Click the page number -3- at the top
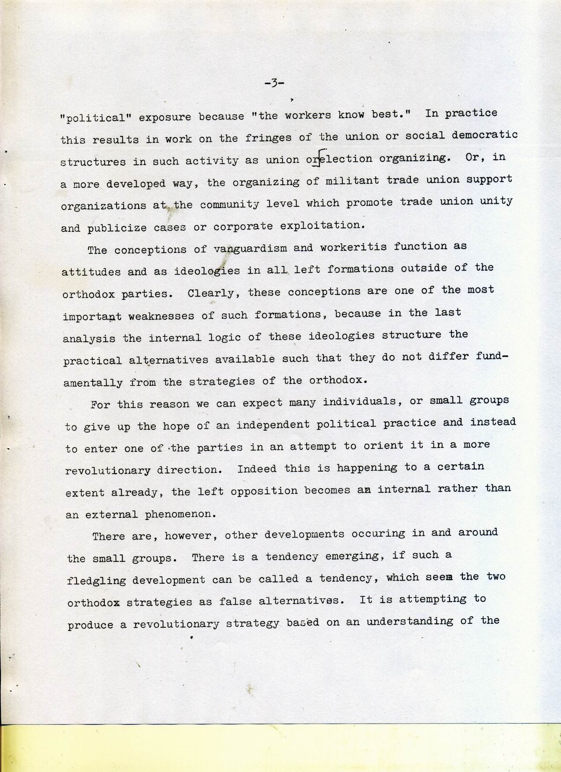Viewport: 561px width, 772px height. (x=275, y=82)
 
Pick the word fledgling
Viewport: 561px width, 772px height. (x=96, y=580)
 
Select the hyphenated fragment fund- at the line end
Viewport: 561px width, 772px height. (x=492, y=356)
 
